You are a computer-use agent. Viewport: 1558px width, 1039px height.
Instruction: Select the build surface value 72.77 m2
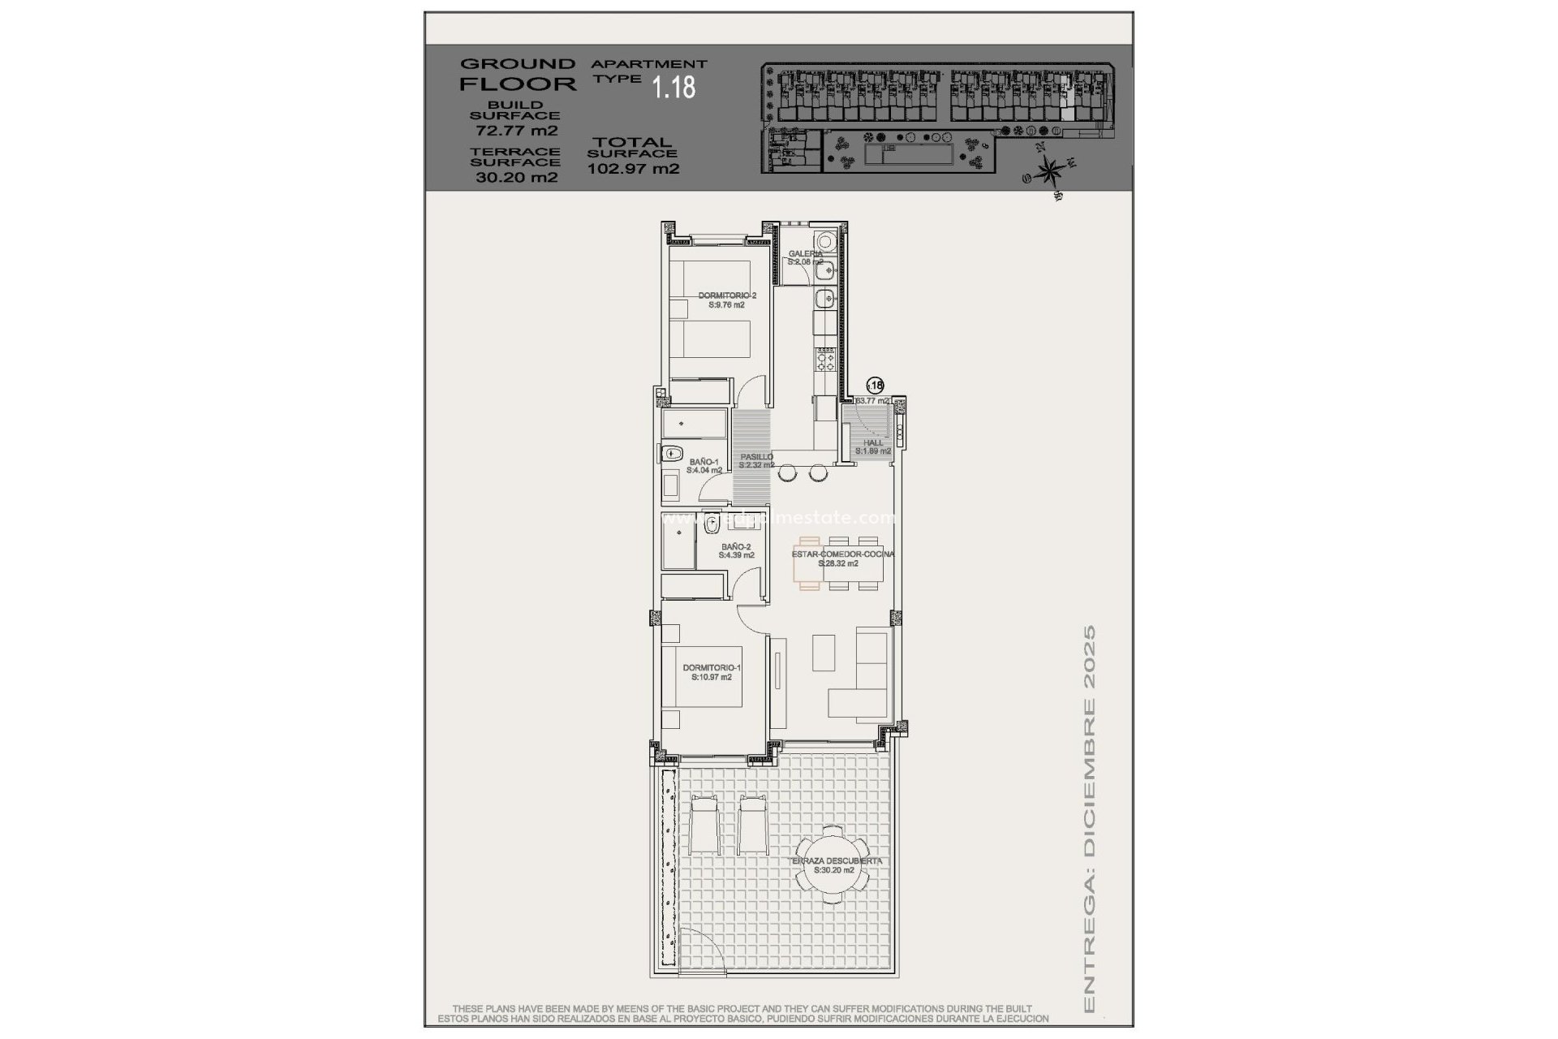tap(516, 131)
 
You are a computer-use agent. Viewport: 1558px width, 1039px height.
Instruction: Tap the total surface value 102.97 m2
tap(633, 170)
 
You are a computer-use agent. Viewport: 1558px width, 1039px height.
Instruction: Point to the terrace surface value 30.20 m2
tap(516, 178)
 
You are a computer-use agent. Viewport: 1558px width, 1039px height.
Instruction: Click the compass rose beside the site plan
tap(1050, 171)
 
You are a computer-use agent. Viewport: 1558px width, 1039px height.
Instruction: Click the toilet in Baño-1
tap(671, 455)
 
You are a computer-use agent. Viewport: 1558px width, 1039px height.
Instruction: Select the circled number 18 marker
tap(875, 386)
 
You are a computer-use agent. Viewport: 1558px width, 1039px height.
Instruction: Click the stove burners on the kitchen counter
tap(825, 358)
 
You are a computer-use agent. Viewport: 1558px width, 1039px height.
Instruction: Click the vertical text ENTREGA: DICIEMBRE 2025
tap(1090, 820)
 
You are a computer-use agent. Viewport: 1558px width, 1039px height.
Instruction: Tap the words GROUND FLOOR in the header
tap(518, 74)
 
